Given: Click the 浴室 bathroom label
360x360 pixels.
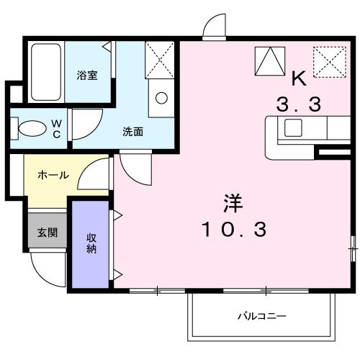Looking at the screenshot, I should (x=88, y=75).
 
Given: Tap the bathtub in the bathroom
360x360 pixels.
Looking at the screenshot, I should (x=47, y=72).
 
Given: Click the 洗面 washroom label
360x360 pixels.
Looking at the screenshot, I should (x=132, y=132).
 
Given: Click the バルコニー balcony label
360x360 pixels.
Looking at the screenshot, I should (x=262, y=316).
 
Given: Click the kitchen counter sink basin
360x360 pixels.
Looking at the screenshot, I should (x=294, y=128).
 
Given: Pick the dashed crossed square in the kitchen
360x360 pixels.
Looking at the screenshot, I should (x=328, y=62).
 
